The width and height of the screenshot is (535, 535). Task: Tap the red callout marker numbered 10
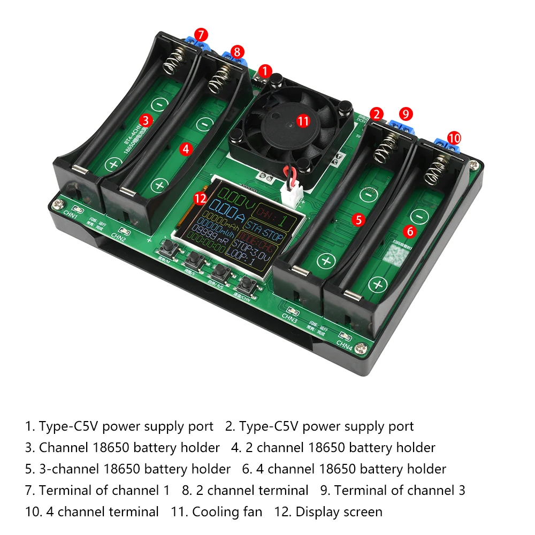(x=454, y=138)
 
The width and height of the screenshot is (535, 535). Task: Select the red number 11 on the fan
(x=303, y=121)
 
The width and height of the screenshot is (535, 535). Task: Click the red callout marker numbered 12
(x=200, y=198)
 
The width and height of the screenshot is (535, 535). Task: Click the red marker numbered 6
(x=410, y=231)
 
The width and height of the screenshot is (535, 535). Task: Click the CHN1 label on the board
(x=71, y=218)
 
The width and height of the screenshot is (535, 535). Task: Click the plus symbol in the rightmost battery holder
(x=379, y=285)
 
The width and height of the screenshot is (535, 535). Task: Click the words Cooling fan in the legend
(x=227, y=512)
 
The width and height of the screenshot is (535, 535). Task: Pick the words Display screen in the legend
(x=339, y=512)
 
